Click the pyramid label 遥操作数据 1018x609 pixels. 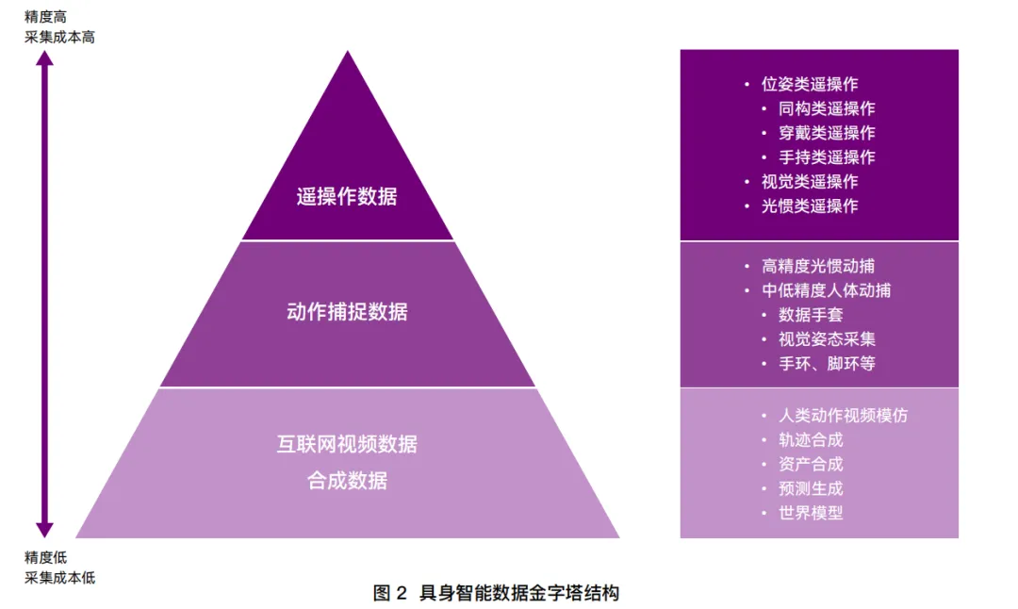tap(347, 197)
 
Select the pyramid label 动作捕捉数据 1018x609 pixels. tap(347, 312)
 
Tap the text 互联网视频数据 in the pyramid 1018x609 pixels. tap(347, 444)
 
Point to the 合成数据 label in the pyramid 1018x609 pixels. tap(347, 481)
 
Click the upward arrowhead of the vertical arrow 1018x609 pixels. tap(44, 59)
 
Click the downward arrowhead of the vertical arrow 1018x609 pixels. tap(44, 529)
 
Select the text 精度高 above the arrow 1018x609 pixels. tap(45, 16)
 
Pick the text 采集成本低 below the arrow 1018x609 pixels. tap(59, 577)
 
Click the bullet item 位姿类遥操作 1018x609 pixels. tap(810, 84)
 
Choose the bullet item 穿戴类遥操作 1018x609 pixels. tap(827, 133)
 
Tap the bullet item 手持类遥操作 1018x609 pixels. tap(827, 157)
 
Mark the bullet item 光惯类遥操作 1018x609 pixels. tap(810, 206)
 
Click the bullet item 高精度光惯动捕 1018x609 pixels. tap(818, 267)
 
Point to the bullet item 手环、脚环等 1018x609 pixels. tap(827, 364)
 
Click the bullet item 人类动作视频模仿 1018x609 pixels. tap(843, 416)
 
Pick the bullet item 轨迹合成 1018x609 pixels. tap(811, 440)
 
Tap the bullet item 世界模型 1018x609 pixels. tap(811, 513)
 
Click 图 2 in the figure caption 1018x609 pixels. tap(389, 593)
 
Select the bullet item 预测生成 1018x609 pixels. tap(811, 488)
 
